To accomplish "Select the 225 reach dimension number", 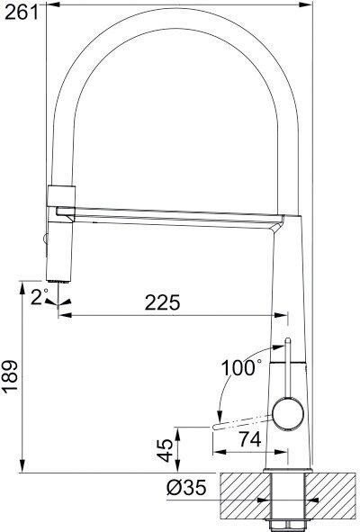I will point(165,302).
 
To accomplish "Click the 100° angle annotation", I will point(241,367).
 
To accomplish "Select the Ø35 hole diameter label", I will point(185,490).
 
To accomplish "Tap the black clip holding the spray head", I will point(59,194).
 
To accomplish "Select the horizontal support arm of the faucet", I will point(171,216).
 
